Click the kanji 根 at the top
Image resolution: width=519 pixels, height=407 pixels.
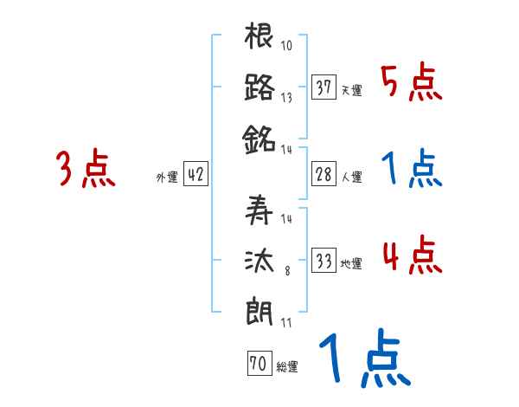tap(259, 38)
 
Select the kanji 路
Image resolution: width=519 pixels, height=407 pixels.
tap(259, 87)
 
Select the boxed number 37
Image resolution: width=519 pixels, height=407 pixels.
tap(324, 87)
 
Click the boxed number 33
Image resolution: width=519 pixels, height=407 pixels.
tap(324, 261)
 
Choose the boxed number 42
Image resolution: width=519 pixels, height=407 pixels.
tap(195, 174)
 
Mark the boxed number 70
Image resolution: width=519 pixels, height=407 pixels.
tap(257, 364)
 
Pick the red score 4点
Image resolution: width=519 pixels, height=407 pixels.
tap(412, 256)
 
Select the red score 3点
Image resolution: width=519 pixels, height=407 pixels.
tap(85, 169)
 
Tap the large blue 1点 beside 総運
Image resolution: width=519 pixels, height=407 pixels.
tap(364, 359)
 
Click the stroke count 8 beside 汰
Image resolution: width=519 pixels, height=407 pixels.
tap(286, 271)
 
